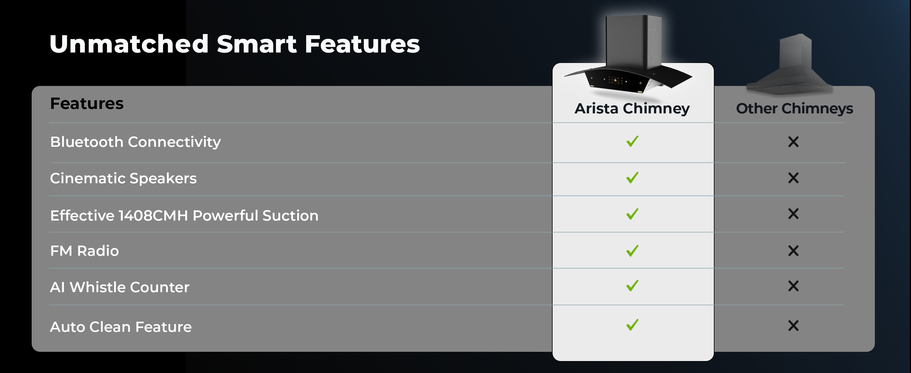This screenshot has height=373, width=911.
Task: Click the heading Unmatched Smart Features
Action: (x=234, y=44)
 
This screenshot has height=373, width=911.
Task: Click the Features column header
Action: (x=87, y=104)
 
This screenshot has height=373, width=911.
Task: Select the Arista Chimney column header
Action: (x=632, y=108)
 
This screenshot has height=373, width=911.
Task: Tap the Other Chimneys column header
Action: (x=794, y=108)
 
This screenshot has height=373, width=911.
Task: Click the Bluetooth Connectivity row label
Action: (x=135, y=142)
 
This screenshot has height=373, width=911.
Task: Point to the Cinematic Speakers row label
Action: (x=123, y=178)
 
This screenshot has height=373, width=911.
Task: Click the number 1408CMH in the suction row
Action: (x=153, y=215)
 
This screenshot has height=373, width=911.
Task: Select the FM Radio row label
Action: (x=85, y=251)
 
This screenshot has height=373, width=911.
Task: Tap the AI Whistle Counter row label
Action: (x=119, y=287)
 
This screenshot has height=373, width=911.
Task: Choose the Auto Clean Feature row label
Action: (x=121, y=327)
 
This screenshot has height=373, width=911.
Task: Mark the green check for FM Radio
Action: (x=632, y=250)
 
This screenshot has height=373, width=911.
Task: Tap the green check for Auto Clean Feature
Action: (x=632, y=325)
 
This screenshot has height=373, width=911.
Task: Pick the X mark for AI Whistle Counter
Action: (x=793, y=286)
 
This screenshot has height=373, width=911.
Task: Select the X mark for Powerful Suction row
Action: (x=793, y=214)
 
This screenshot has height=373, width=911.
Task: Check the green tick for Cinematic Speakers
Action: (x=632, y=177)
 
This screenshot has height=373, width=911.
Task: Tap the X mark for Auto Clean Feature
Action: (x=793, y=325)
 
